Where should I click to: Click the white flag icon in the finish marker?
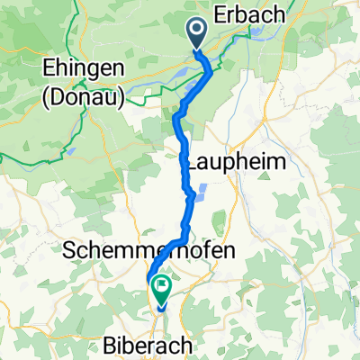[x=162, y=288]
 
